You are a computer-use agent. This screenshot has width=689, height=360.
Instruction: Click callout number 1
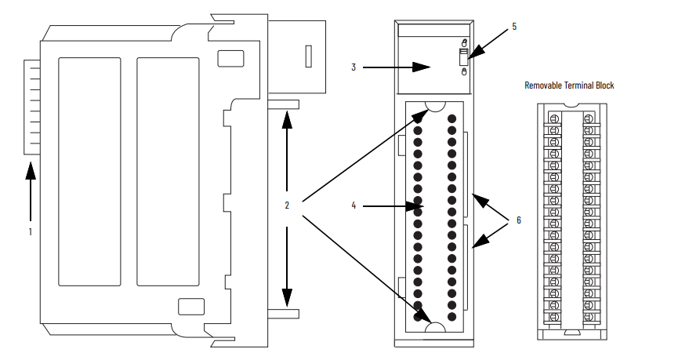coord(31,231)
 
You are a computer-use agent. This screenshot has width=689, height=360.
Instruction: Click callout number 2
coord(287,205)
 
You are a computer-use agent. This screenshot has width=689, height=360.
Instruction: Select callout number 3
coord(354,67)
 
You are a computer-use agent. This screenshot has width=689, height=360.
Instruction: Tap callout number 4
coord(354,205)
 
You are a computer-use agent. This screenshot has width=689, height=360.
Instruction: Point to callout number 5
coord(514,27)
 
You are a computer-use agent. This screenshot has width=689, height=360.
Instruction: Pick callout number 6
coord(518,220)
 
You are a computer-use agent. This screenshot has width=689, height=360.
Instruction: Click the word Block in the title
coord(604,85)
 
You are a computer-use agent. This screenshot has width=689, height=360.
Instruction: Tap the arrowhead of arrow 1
coord(31,171)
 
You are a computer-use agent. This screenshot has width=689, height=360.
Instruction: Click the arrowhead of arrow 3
coord(422,67)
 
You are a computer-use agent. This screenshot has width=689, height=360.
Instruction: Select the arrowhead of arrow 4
coord(415,205)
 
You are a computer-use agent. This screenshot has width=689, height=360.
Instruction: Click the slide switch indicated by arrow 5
coord(463,57)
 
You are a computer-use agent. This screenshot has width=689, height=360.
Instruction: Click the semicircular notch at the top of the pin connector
coord(436,107)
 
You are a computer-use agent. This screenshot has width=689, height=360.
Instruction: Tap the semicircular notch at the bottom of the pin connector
coord(436,327)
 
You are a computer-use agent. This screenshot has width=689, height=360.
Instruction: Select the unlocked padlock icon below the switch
coord(464,71)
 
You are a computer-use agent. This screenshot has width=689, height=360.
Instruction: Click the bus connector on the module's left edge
coord(32,107)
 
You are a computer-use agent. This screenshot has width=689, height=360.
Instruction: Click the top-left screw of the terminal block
coord(554,118)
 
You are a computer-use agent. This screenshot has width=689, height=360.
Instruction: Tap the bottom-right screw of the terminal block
coord(589,317)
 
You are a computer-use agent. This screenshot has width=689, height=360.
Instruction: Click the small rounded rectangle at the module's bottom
coord(191,307)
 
